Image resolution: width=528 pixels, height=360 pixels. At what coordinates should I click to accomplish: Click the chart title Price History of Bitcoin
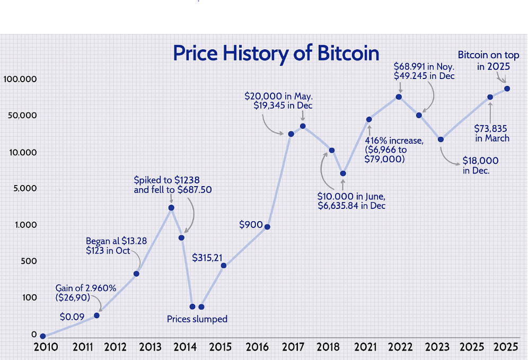pyautogui.click(x=276, y=54)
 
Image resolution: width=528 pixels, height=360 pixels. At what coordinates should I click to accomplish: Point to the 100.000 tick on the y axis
pyautogui.click(x=20, y=79)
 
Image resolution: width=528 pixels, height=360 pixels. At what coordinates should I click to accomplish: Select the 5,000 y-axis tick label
pyautogui.click(x=25, y=188)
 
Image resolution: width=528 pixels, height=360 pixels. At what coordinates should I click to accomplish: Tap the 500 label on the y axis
pyautogui.click(x=29, y=261)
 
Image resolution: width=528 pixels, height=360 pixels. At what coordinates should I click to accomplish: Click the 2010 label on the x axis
pyautogui.click(x=46, y=347)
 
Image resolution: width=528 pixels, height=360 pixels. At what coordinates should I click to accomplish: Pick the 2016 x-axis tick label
pyautogui.click(x=257, y=347)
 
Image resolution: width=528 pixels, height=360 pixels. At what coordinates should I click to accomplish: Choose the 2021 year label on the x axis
pyautogui.click(x=365, y=347)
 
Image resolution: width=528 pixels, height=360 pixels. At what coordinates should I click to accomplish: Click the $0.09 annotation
pyautogui.click(x=72, y=317)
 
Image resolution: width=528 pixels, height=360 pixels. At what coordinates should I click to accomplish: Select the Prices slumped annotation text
pyautogui.click(x=197, y=319)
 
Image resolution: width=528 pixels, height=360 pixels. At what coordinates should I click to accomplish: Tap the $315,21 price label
pyautogui.click(x=207, y=258)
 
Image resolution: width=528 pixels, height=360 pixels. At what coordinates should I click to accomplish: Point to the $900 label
pyautogui.click(x=251, y=225)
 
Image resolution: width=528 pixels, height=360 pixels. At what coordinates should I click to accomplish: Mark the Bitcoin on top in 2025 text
pyautogui.click(x=488, y=60)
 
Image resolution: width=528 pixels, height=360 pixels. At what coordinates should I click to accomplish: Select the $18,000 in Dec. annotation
pyautogui.click(x=480, y=165)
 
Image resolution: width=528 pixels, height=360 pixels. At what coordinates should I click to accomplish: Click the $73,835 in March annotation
pyautogui.click(x=491, y=134)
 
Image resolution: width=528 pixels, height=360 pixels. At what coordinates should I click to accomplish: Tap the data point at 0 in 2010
pyautogui.click(x=43, y=336)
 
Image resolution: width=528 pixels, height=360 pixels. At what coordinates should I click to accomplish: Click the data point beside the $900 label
pyautogui.click(x=267, y=227)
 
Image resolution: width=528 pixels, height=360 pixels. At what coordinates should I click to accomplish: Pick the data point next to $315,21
pyautogui.click(x=224, y=266)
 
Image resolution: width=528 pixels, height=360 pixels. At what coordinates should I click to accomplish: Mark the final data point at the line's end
pyautogui.click(x=507, y=89)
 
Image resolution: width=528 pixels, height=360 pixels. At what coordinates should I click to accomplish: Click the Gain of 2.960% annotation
pyautogui.click(x=86, y=293)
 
